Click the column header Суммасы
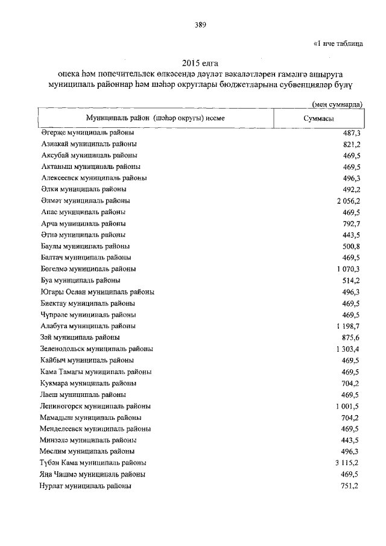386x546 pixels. pos(318,118)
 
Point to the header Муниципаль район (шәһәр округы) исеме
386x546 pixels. pos(155,118)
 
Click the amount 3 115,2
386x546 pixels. pos(349,463)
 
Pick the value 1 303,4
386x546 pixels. pos(349,349)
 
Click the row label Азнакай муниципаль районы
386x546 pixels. pos(89,144)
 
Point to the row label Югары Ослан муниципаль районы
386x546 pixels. pos(98,292)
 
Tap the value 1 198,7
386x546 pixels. pos(349,326)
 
